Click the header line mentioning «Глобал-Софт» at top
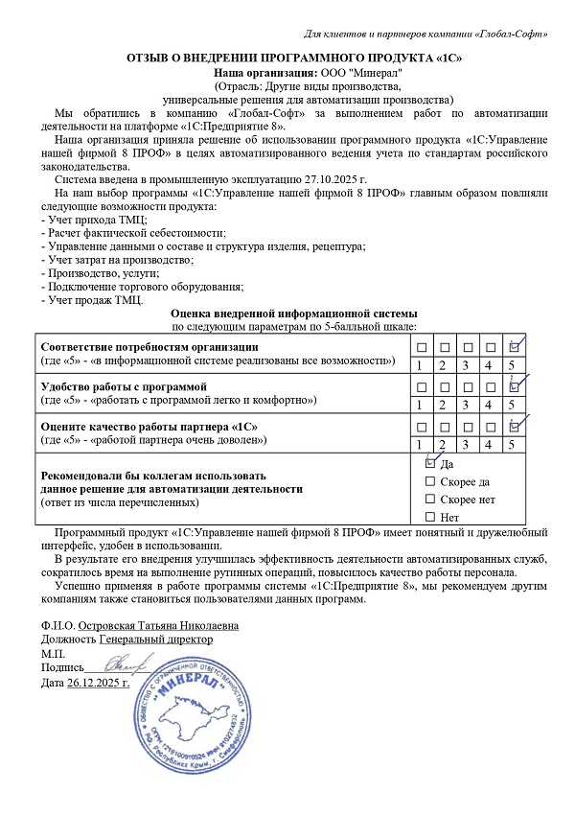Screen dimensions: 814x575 point(425,35)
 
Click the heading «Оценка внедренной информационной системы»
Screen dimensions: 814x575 point(293,314)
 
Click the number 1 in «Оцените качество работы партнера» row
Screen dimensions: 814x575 point(419,444)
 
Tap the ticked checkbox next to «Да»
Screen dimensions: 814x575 point(429,462)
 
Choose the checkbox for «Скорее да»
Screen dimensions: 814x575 point(429,481)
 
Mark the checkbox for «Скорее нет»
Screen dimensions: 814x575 point(429,500)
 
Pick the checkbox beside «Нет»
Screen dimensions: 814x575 point(429,518)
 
